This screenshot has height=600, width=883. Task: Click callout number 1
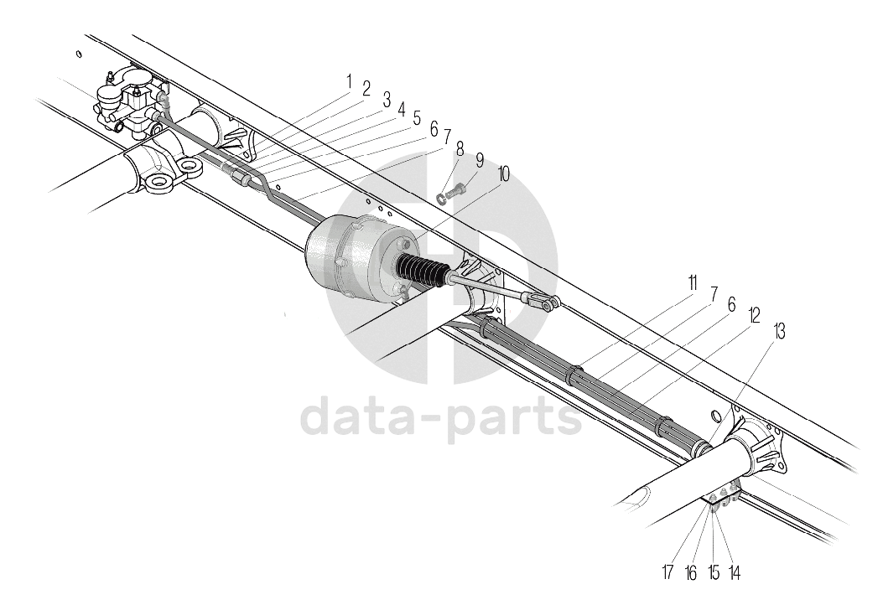pyautogui.click(x=348, y=82)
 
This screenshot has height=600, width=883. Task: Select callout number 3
pyautogui.click(x=387, y=101)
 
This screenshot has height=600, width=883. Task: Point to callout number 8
pyautogui.click(x=460, y=148)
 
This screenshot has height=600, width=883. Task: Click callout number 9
pyautogui.click(x=480, y=159)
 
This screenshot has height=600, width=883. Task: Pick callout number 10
pyautogui.click(x=502, y=174)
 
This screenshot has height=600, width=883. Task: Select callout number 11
pyautogui.click(x=693, y=282)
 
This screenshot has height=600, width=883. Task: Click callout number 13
pyautogui.click(x=780, y=331)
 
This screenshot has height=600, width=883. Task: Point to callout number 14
pyautogui.click(x=735, y=573)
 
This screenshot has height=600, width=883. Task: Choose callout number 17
pyautogui.click(x=668, y=573)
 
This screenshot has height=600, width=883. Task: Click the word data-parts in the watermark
pyautogui.click(x=440, y=416)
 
